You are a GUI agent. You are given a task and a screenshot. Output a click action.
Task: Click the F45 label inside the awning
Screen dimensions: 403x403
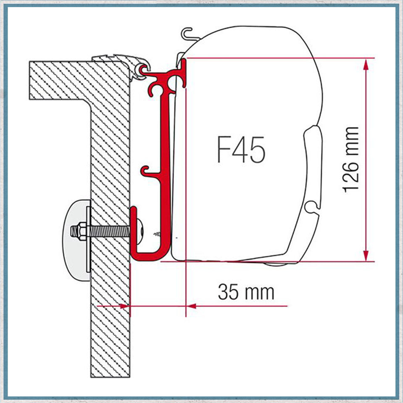pyautogui.click(x=241, y=150)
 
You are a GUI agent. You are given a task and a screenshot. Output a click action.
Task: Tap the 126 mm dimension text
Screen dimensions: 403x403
pyautogui.click(x=350, y=160)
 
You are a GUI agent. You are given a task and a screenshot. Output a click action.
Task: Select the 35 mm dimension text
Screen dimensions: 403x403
pyautogui.click(x=246, y=292)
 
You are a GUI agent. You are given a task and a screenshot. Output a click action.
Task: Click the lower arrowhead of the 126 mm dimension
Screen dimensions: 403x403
pyautogui.click(x=366, y=255)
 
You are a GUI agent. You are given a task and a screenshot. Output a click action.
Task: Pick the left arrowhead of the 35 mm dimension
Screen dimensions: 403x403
pyautogui.click(x=125, y=306)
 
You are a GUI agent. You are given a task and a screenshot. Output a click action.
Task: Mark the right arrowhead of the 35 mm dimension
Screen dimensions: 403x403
pyautogui.click(x=191, y=306)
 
